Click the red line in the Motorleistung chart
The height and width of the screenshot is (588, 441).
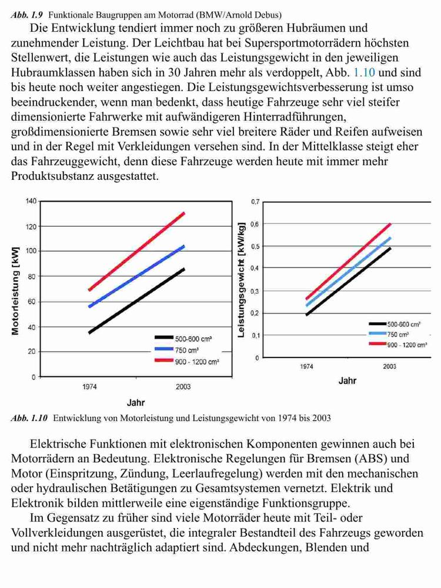(136, 251)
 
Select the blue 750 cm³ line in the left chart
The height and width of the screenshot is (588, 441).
(136, 276)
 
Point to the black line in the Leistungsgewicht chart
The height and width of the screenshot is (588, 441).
(348, 281)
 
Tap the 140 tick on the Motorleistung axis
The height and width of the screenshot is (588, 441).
(31, 201)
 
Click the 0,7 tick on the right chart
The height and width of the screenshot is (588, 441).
(255, 202)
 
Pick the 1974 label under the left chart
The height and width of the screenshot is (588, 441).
(89, 387)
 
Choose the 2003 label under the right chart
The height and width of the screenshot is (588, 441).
(389, 366)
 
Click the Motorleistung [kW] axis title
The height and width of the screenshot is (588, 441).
(15, 291)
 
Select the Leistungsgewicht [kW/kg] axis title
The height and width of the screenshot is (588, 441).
(242, 280)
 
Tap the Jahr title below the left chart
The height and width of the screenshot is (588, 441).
(136, 403)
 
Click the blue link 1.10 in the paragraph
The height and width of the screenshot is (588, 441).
(364, 72)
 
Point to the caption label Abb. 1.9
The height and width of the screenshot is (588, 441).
(27, 15)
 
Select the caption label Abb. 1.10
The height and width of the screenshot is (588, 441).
(29, 418)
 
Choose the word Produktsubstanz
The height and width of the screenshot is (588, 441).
(52, 176)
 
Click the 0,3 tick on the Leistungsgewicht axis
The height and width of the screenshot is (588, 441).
(255, 292)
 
